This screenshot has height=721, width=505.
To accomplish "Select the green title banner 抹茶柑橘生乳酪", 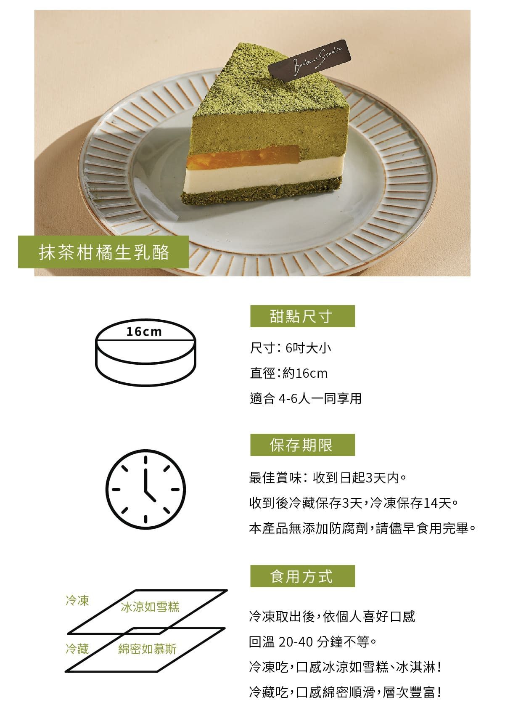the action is [103, 252].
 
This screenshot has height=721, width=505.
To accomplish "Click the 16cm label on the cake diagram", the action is [144, 331].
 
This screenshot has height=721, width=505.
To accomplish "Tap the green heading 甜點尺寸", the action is [302, 316].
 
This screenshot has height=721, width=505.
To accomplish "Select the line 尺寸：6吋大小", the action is [291, 348].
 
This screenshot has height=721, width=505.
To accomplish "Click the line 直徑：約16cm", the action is [288, 374].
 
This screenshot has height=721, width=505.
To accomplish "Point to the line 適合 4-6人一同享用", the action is [306, 398].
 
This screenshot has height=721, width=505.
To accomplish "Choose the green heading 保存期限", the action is [302, 445].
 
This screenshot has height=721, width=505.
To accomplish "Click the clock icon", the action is [146, 489].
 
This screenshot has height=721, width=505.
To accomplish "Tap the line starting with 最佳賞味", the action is [328, 478].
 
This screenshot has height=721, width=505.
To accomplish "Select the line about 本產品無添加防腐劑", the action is [362, 528].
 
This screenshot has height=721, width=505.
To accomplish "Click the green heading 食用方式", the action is [302, 576].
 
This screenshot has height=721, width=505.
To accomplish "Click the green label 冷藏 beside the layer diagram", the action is [77, 649].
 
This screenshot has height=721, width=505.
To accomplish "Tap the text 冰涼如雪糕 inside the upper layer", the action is [150, 607].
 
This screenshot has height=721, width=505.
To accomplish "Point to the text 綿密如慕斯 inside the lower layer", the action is [147, 649].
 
